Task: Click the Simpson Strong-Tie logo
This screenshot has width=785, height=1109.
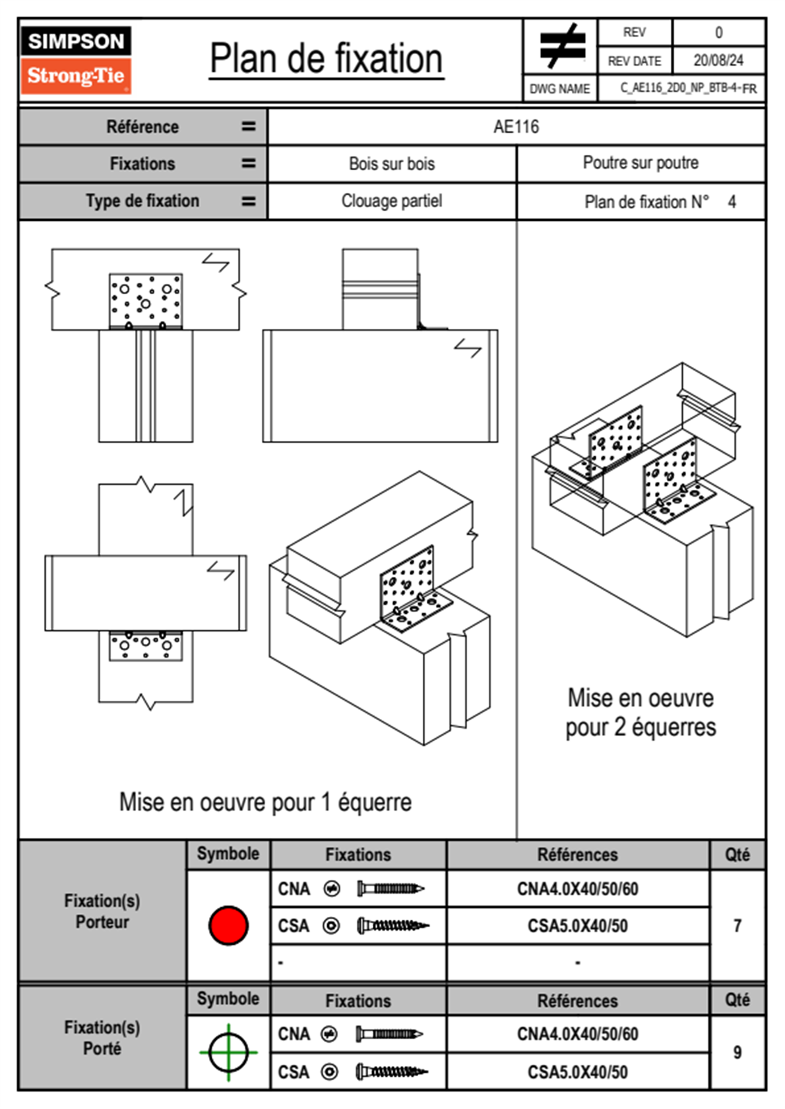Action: [x=76, y=60]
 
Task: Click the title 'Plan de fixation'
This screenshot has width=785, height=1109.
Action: [x=326, y=59]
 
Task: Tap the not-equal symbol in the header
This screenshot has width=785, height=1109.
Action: [x=562, y=46]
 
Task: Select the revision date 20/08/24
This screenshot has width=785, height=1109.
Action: [x=718, y=61]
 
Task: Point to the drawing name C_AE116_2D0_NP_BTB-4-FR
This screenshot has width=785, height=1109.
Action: [x=687, y=88]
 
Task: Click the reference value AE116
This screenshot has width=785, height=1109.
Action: [x=516, y=127]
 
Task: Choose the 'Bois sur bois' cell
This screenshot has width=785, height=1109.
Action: [x=392, y=164]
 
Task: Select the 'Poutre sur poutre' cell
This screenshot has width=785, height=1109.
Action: [x=641, y=163]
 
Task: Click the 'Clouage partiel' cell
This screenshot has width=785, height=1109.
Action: [x=392, y=201]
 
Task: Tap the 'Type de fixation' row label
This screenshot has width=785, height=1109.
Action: [x=142, y=201]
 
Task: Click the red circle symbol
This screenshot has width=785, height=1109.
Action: [x=228, y=925]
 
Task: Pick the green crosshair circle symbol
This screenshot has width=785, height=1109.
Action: [x=228, y=1052]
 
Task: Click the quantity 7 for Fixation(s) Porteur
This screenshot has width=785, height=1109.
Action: [x=737, y=926]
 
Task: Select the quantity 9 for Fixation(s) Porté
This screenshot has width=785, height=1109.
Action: [x=737, y=1052]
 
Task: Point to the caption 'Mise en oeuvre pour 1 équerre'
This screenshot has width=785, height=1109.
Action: [x=265, y=802]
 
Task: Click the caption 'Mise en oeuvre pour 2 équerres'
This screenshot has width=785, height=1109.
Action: [x=641, y=713]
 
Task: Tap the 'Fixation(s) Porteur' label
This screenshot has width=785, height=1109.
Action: [x=102, y=911]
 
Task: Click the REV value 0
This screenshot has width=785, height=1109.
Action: [x=718, y=32]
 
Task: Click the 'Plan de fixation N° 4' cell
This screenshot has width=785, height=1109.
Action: [x=660, y=202]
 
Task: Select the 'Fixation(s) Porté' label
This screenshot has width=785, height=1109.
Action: [x=102, y=1038]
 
